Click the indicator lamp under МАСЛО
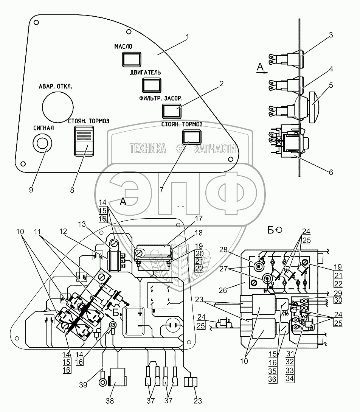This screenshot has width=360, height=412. point(131,59)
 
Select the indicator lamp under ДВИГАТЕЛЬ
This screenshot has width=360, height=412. point(152,85)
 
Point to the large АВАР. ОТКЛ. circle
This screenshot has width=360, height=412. point(57,106)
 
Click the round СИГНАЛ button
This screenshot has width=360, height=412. point(42,144)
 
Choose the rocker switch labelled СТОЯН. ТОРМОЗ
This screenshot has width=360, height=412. point(84,141)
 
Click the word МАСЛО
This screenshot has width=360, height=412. point(123,47)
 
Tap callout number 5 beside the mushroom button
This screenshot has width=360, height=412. point(331,85)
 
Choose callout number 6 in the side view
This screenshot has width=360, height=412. point(331,172)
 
